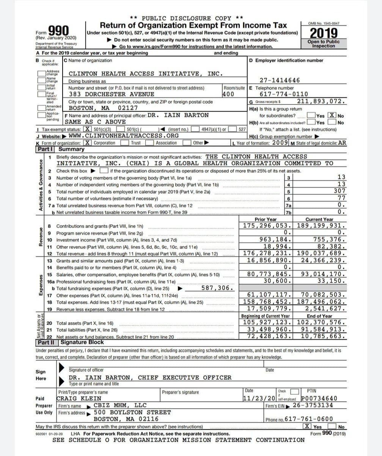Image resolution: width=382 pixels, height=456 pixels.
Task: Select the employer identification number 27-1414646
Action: (280, 80)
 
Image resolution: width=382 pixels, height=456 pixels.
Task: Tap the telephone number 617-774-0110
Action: (284, 94)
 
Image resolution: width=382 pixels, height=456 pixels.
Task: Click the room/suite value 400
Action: (228, 94)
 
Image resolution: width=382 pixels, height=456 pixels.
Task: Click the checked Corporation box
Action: (88, 143)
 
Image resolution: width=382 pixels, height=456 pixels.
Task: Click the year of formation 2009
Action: (280, 143)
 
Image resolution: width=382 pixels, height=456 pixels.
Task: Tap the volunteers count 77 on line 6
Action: (341, 198)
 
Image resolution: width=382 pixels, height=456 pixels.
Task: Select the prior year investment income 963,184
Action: (275, 239)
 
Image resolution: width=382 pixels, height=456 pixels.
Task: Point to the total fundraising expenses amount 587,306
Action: (217, 288)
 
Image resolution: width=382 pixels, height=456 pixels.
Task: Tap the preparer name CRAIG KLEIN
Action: (79, 398)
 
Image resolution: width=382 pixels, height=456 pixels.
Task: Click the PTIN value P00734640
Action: (318, 398)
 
